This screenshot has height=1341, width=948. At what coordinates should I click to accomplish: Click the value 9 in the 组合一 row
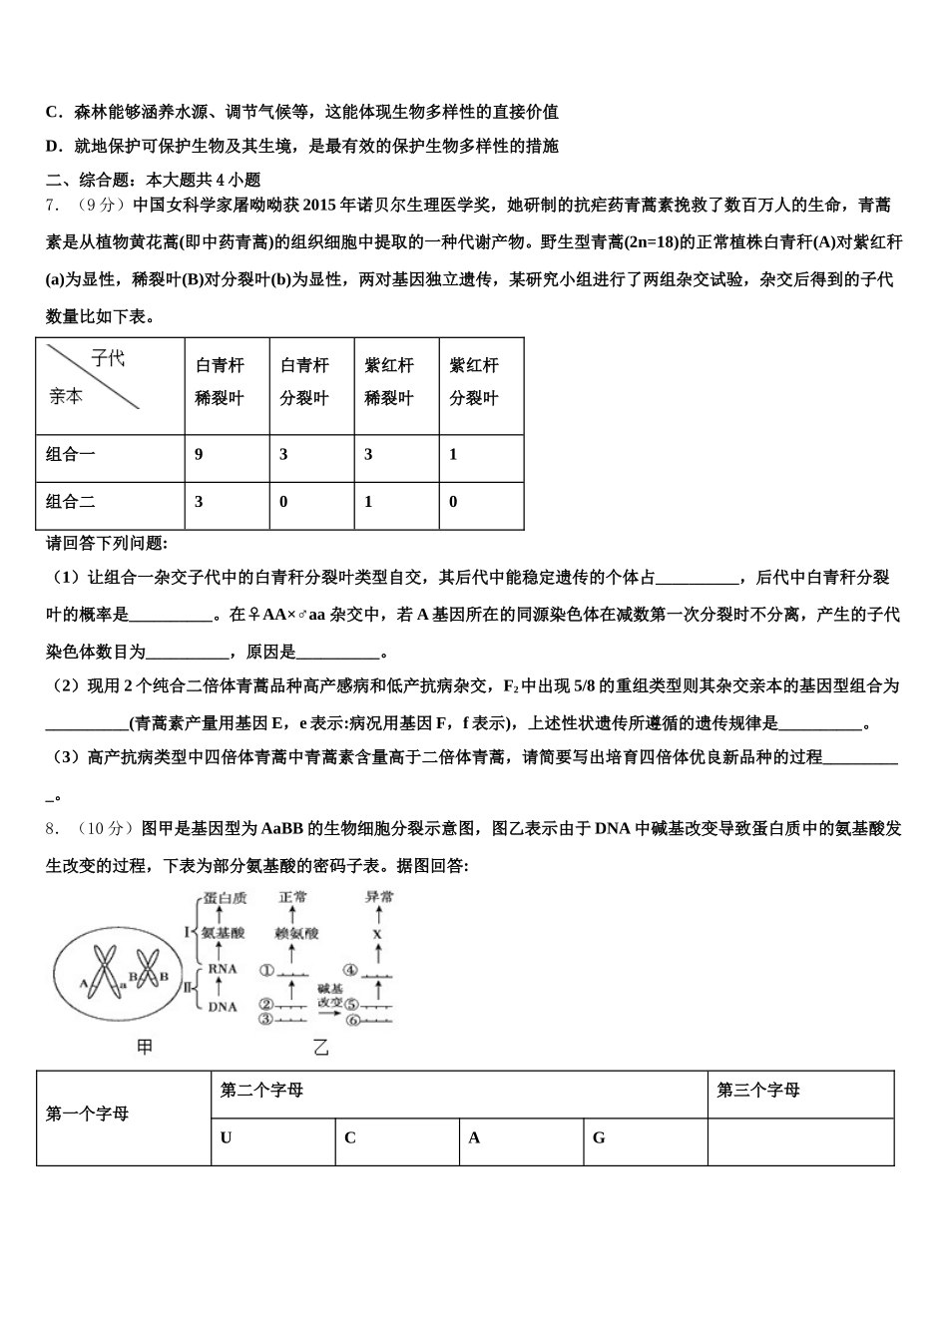pos(199,455)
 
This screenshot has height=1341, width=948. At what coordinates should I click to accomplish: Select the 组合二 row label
pos(71,502)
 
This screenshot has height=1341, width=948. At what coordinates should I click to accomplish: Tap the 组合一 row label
pos(71,455)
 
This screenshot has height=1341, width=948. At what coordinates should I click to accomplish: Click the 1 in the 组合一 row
pos(453,455)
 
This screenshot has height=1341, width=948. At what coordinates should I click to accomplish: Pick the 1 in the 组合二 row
pos(368,502)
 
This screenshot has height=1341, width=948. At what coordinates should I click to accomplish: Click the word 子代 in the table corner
pos(108,358)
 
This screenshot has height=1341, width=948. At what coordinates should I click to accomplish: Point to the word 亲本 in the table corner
pos(66,396)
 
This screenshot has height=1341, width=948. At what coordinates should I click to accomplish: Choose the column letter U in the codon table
pos(227,1137)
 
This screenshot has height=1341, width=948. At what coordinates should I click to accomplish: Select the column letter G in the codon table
pos(599,1137)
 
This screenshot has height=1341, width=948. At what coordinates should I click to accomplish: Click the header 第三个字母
pos(758,1091)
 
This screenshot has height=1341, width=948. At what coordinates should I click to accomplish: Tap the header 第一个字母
pos(87,1114)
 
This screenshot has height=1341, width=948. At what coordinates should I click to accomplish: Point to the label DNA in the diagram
pos(222,1007)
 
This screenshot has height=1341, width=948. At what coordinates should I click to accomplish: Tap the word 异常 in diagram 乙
pos(379,897)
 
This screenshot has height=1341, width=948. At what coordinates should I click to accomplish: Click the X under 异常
pos(377,934)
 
